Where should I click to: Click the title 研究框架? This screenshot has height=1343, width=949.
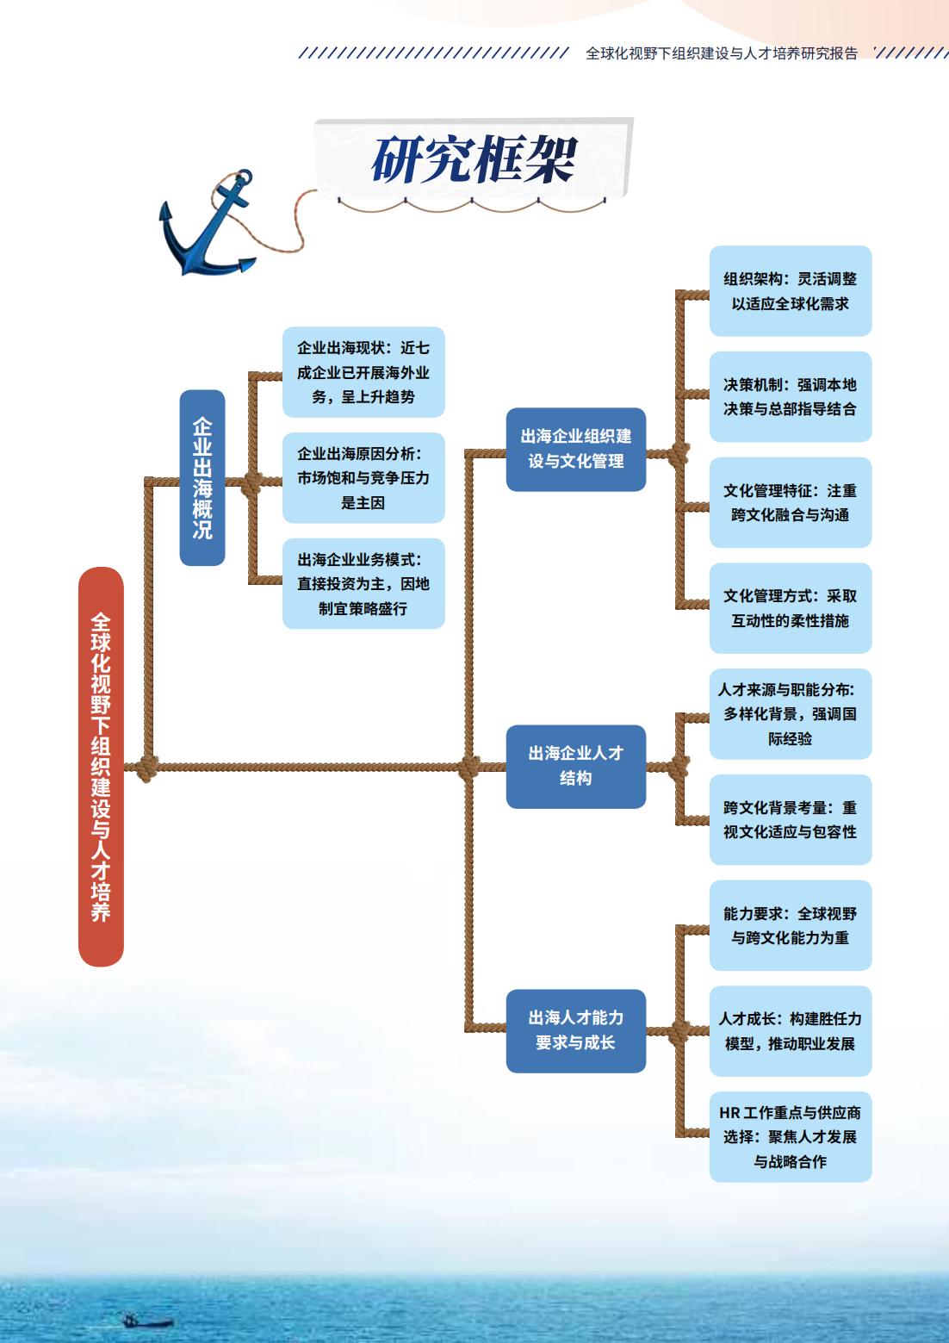pyautogui.click(x=474, y=159)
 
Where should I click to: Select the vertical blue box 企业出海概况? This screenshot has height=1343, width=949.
pyautogui.click(x=202, y=477)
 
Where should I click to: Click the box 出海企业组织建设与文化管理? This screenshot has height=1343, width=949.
pyautogui.click(x=575, y=449)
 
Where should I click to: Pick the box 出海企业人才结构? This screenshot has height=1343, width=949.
pyautogui.click(x=575, y=766)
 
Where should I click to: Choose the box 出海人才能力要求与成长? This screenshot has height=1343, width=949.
pyautogui.click(x=575, y=1030)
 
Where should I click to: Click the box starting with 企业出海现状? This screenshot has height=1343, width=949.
pyautogui.click(x=363, y=372)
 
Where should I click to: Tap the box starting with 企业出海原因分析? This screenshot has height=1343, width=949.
pyautogui.click(x=363, y=478)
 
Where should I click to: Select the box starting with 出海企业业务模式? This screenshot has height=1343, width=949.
pyautogui.click(x=363, y=583)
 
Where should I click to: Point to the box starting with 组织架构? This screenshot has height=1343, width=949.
pyautogui.click(x=791, y=291)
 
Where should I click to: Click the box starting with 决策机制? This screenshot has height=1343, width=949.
pyautogui.click(x=791, y=396)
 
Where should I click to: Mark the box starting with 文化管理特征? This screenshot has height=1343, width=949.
pyautogui.click(x=791, y=502)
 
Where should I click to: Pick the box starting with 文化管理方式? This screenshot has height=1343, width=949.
pyautogui.click(x=791, y=608)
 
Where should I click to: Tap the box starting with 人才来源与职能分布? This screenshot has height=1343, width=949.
pyautogui.click(x=791, y=713)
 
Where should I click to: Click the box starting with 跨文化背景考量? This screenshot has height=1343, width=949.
pyautogui.click(x=791, y=819)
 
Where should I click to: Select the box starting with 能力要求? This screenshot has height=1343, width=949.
pyautogui.click(x=791, y=925)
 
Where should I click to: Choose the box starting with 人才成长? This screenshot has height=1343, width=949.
pyautogui.click(x=791, y=1030)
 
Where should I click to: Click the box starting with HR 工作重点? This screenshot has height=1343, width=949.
pyautogui.click(x=791, y=1137)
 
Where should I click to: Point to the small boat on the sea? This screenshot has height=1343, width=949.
pyautogui.click(x=146, y=1320)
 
